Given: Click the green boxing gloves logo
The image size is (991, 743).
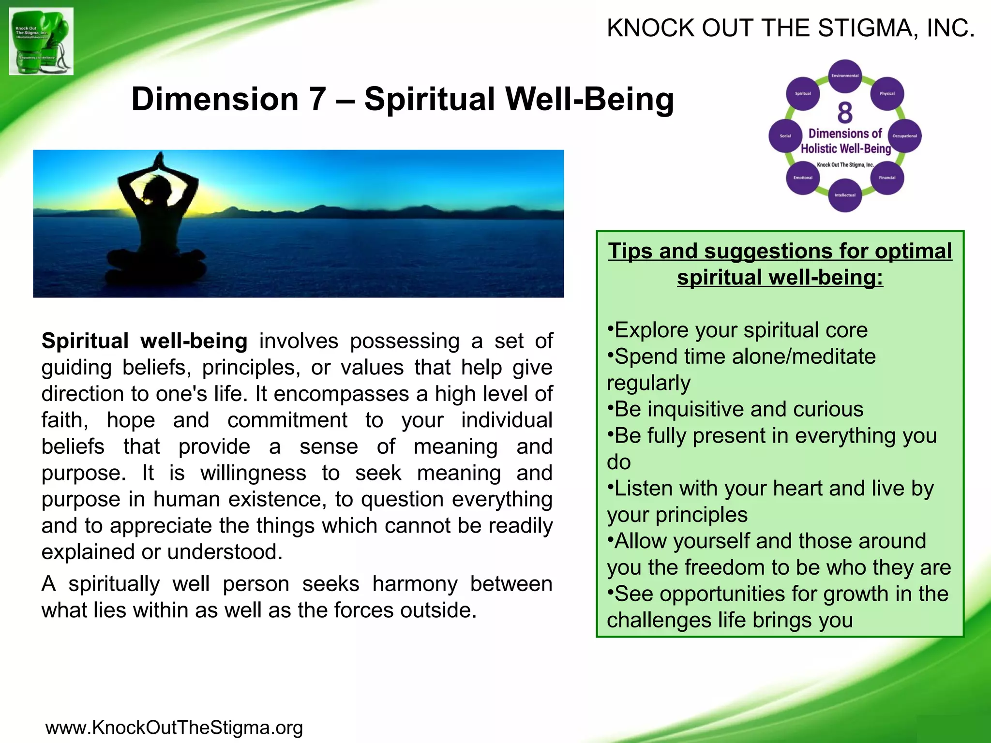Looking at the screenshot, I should pyautogui.click(x=41, y=41).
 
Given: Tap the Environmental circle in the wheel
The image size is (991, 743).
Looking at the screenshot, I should pyautogui.click(x=845, y=75).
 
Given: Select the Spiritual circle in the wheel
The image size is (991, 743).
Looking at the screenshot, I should pyautogui.click(x=803, y=93).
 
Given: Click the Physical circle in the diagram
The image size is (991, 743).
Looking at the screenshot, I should pyautogui.click(x=887, y=93).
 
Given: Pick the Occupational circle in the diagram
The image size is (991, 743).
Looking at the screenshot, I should pyautogui.click(x=904, y=136).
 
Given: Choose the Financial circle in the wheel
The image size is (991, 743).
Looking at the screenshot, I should pyautogui.click(x=887, y=178).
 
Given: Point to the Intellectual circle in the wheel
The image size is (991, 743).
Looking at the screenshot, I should pyautogui.click(x=845, y=195).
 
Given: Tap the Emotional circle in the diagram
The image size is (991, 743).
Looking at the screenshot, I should pyautogui.click(x=803, y=178).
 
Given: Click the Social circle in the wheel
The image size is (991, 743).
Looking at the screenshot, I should pyautogui.click(x=785, y=136).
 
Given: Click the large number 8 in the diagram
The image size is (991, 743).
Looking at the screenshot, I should pyautogui.click(x=845, y=113).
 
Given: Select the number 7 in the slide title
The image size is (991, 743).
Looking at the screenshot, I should pyautogui.click(x=317, y=99).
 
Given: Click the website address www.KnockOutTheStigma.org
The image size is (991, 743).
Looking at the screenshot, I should pyautogui.click(x=174, y=728).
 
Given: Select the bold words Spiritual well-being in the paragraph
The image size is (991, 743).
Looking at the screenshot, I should pyautogui.click(x=144, y=341).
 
